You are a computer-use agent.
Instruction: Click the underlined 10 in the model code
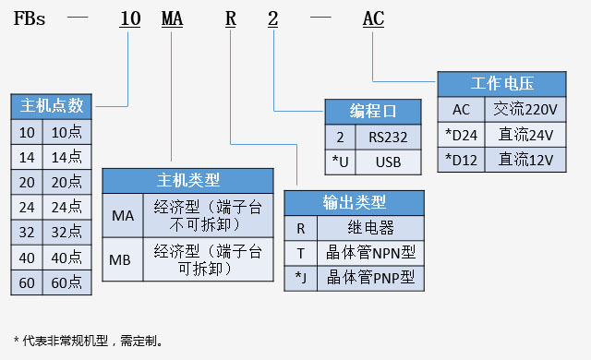coord(131,18)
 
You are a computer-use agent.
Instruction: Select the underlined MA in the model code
coord(173,18)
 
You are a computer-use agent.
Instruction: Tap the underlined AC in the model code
coord(373,18)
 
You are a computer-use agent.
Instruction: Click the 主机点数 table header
coord(51,105)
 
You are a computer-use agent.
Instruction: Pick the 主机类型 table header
coord(187,180)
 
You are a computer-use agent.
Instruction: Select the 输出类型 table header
coord(354,202)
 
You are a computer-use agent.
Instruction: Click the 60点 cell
coord(66,283)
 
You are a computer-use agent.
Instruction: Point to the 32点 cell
coord(66,232)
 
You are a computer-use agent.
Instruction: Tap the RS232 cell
coord(388,137)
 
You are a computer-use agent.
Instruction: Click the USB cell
coord(388,162)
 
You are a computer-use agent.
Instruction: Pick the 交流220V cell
coord(525,109)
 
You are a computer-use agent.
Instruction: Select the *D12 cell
coord(461,159)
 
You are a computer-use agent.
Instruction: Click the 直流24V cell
coord(525,134)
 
